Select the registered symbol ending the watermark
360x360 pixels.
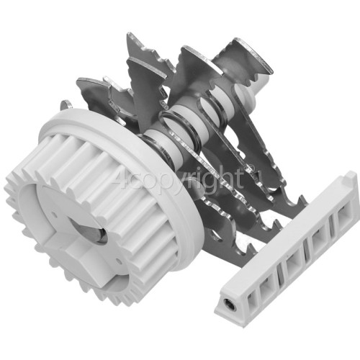tap(252, 171)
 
